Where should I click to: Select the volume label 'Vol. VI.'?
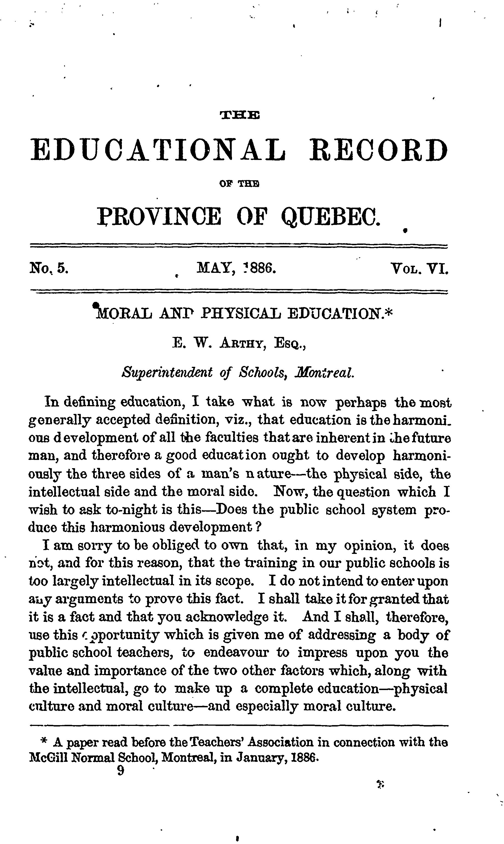(x=420, y=269)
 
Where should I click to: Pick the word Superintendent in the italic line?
(x=167, y=373)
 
